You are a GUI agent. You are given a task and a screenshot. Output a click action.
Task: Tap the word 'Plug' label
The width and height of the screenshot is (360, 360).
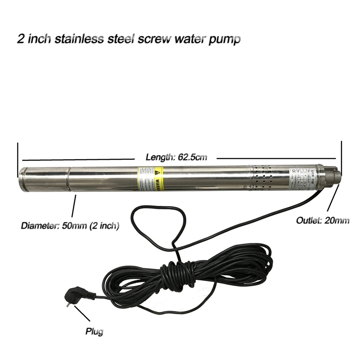point(94,332)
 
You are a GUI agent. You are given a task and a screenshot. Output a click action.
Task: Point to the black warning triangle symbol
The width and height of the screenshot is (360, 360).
point(157,172)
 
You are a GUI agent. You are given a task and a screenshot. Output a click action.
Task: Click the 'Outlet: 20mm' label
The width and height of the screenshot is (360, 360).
point(323,220)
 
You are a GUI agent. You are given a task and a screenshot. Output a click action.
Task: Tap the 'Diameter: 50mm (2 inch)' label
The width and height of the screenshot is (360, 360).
point(70,225)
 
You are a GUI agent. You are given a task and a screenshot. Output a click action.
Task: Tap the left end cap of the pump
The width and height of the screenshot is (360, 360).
point(23,179)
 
